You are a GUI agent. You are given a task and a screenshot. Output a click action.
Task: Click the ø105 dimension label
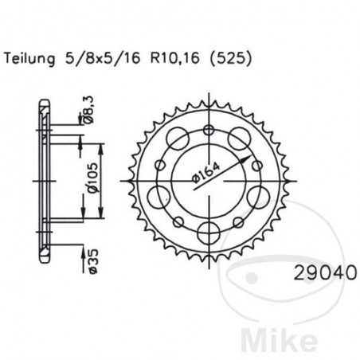[92, 181]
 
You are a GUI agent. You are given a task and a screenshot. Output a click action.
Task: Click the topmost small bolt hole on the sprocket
[209, 128]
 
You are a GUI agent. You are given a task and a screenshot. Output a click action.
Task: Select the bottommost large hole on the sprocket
[209, 232]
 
